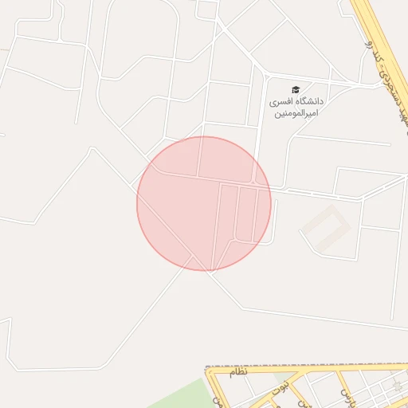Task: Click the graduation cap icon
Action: (296, 89)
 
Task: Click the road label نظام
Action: (239, 372)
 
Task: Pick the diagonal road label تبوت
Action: (280, 387)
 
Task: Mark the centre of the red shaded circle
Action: (204, 204)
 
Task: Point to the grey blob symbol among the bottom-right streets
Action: (397, 385)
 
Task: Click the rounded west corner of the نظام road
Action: (209, 371)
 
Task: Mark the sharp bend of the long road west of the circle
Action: (94, 149)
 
